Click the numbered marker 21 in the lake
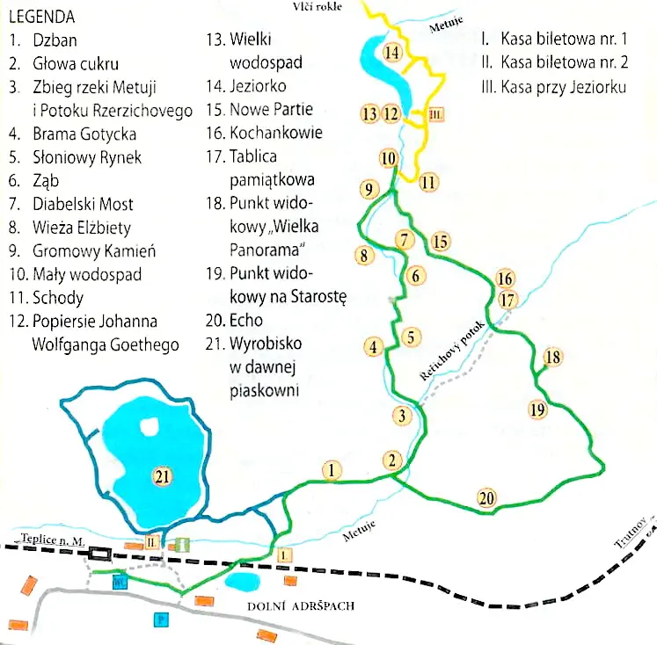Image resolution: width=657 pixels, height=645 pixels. point(161,476)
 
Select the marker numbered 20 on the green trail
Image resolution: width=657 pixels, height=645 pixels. point(487,498)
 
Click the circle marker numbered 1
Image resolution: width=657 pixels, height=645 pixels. point(331,470)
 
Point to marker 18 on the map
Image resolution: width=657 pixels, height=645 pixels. point(552,357)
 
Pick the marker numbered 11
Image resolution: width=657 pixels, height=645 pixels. point(428,183)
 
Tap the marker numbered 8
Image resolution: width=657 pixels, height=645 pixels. point(361,256)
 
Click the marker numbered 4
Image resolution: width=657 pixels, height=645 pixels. point(374,347)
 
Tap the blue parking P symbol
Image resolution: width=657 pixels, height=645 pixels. point(161,619)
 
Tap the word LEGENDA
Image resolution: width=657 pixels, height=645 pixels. point(40,18)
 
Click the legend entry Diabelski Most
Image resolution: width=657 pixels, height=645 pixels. point(82,204)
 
